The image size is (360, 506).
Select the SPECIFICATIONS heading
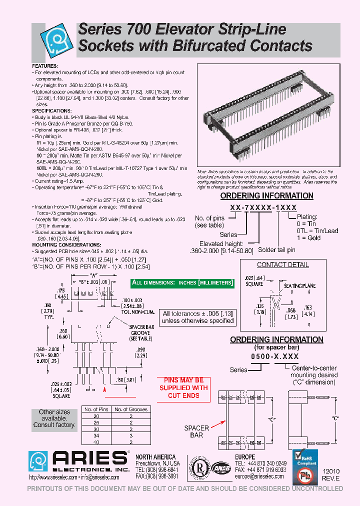[x=52, y=110]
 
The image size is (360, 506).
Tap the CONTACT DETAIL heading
[x=282, y=265]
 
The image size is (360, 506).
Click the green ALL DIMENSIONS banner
[x=182, y=282]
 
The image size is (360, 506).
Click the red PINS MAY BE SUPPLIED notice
[x=183, y=387]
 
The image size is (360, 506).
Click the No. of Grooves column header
[x=131, y=409]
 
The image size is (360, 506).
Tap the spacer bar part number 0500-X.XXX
[x=270, y=357]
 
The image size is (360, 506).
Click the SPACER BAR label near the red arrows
[x=196, y=431]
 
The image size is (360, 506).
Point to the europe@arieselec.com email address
[x=260, y=477]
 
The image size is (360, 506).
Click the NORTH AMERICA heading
[x=155, y=457]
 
